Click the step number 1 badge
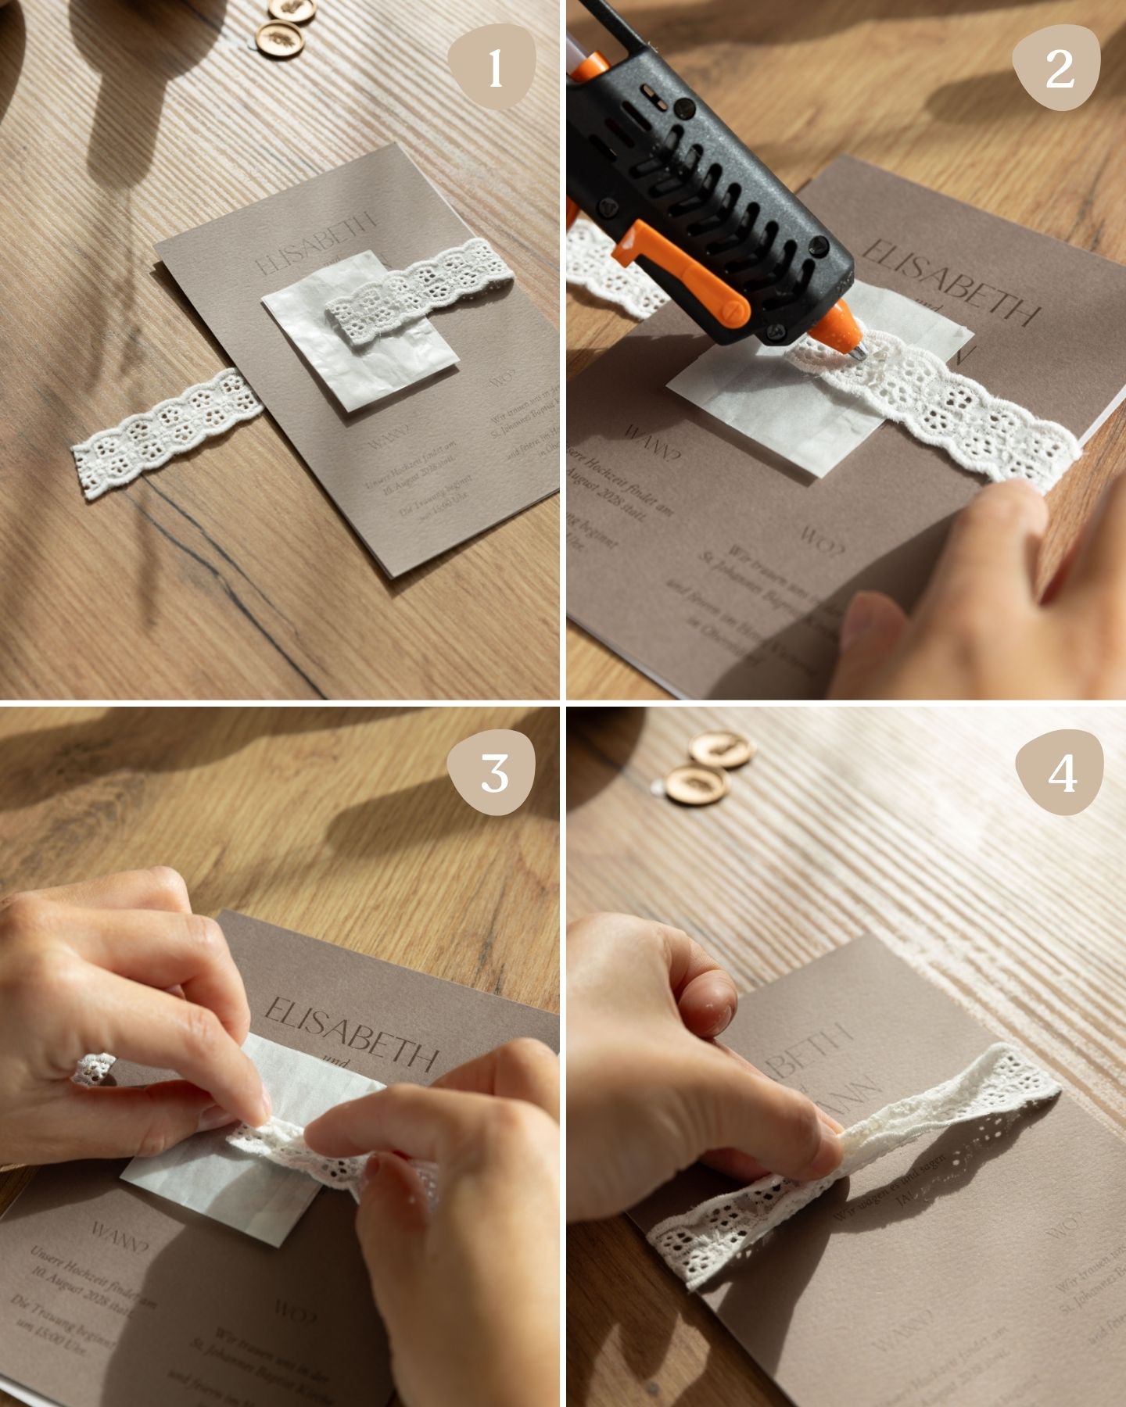pyautogui.click(x=496, y=67)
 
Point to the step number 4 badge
pyautogui.click(x=1060, y=774)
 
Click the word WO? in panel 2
pyautogui.click(x=821, y=539)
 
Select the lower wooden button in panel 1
pyautogui.click(x=279, y=38)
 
